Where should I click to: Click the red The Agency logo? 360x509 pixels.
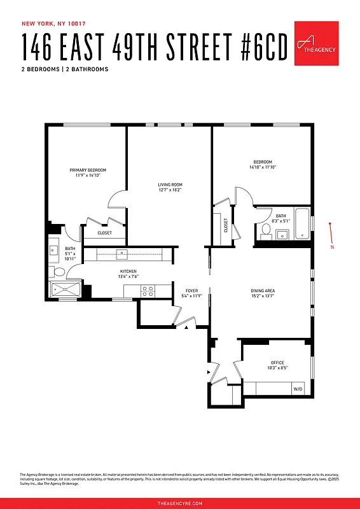(315, 43)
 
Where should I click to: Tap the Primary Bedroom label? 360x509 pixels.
(88, 171)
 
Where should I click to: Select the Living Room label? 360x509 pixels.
(170, 185)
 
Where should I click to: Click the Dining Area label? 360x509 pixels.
(262, 291)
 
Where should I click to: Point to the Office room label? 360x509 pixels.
(277, 363)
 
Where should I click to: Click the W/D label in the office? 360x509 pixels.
(298, 388)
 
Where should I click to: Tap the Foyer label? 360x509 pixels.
(192, 291)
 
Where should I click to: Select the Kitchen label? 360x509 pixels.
(128, 272)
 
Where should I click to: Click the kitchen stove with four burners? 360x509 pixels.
(148, 291)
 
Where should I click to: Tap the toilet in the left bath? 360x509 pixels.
(58, 272)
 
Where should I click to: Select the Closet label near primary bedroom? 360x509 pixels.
(105, 233)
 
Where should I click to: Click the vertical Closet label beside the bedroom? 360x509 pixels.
(226, 225)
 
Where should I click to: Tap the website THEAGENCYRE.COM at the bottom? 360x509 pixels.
(180, 503)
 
